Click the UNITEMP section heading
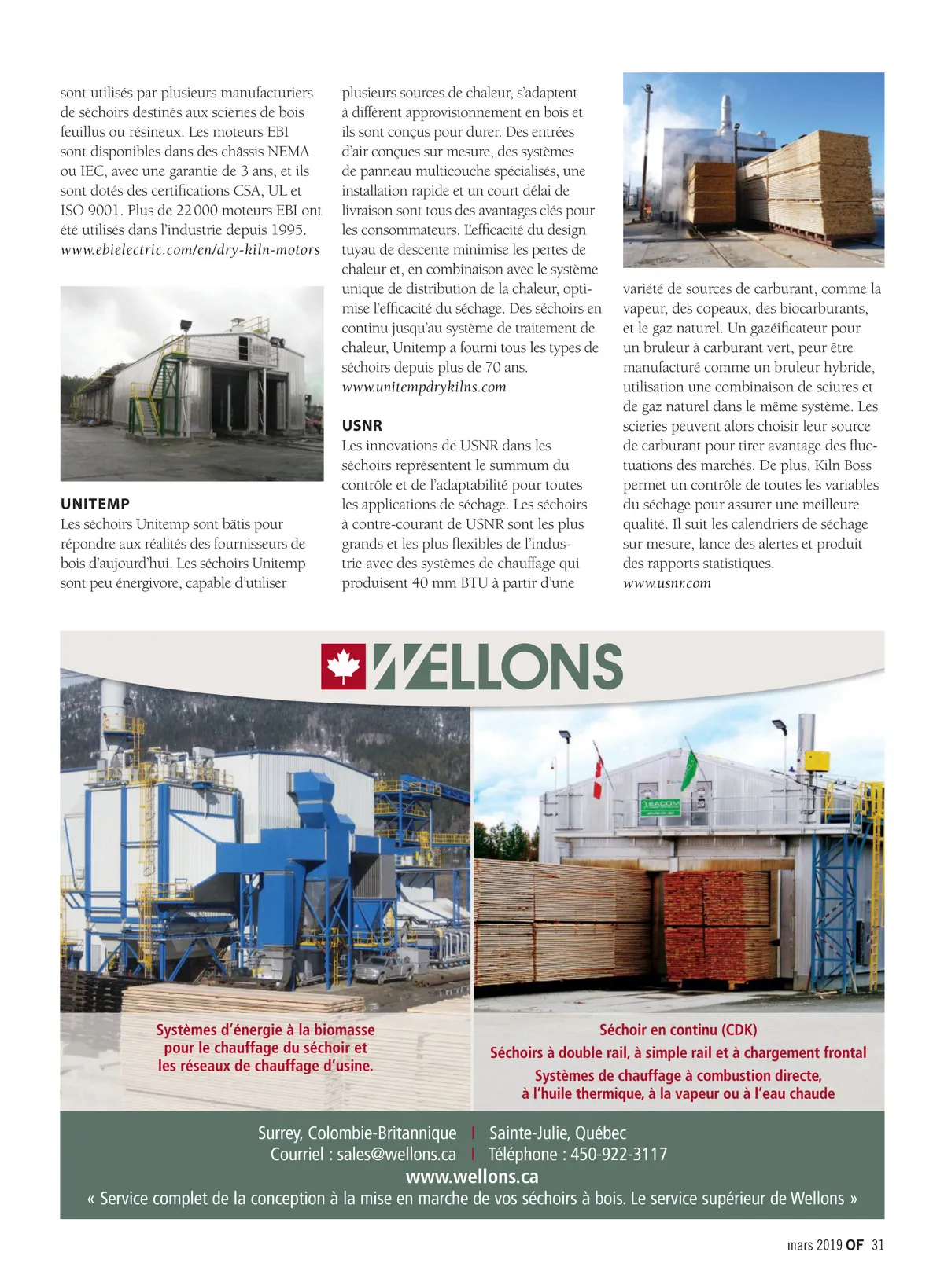pos(95,504)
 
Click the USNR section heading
pos(362,425)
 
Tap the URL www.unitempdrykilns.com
pos(424,387)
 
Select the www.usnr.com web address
pos(667,582)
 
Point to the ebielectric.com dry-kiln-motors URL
pos(190,249)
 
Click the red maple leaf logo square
pos(343,667)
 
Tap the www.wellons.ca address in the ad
pos(472,1176)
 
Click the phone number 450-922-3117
pos(618,1154)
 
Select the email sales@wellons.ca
pos(396,1154)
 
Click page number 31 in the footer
pos(878,1244)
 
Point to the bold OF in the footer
pos(854,1244)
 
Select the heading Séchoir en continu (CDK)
pos(678,1030)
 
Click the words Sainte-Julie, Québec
pos(558,1133)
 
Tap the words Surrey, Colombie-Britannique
pos(357,1133)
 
